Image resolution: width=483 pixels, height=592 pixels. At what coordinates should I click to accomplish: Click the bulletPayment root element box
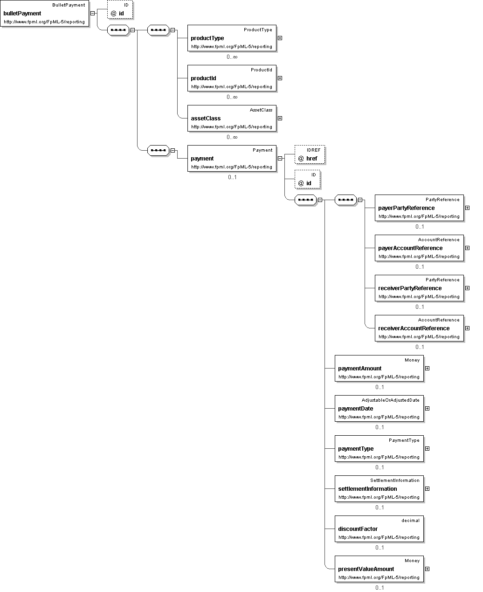[x=45, y=14]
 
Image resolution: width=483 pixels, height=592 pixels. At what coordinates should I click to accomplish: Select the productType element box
[x=232, y=38]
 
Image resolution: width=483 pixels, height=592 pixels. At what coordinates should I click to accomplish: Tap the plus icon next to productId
[x=280, y=78]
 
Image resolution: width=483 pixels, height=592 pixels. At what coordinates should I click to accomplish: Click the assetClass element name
[x=206, y=118]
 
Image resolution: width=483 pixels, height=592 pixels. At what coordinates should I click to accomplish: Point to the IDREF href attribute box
[x=310, y=154]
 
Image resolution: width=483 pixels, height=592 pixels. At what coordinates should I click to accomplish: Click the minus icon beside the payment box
[x=280, y=159]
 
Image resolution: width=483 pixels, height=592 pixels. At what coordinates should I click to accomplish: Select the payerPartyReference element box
[x=419, y=208]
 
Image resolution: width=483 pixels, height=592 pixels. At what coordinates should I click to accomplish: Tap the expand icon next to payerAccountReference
[x=467, y=248]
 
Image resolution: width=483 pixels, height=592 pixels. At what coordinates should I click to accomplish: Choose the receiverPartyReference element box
[x=419, y=288]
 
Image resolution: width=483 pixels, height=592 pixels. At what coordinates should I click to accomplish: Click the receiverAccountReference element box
[x=419, y=328]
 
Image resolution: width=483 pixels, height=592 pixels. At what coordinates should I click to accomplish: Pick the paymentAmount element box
[x=379, y=369]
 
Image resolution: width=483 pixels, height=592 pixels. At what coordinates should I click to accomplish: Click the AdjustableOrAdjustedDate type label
[x=390, y=400]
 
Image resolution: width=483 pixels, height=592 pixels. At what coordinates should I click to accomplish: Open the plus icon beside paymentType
[x=427, y=449]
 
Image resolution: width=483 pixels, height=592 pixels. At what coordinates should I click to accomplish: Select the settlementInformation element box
[x=379, y=489]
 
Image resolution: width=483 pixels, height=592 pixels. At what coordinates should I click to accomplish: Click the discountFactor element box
[x=379, y=529]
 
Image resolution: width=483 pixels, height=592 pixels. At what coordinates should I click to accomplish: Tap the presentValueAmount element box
[x=379, y=569]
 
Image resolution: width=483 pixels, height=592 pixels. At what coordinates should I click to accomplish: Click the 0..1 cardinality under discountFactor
[x=379, y=548]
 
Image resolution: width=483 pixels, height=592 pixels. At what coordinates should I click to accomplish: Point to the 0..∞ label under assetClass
[x=232, y=137]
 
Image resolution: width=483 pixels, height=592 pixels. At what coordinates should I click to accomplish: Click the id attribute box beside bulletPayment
[x=120, y=10]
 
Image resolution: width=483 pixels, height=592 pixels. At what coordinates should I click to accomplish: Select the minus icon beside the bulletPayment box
[x=93, y=14]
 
